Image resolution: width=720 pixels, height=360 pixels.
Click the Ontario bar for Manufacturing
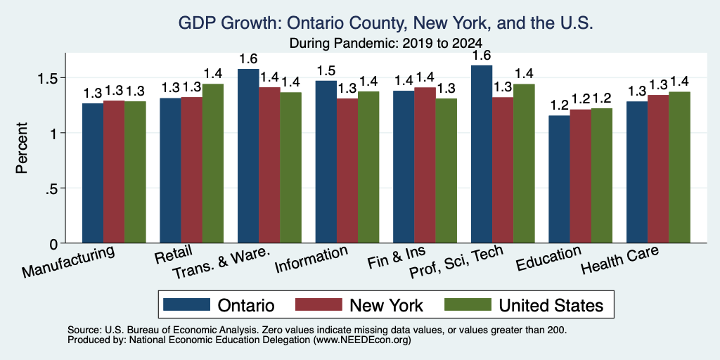coord(93,173)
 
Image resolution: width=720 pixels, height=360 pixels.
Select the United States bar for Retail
coord(212,163)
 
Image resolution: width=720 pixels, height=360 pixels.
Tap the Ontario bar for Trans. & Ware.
coord(248,155)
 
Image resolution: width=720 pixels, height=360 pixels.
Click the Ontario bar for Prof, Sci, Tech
coord(482,154)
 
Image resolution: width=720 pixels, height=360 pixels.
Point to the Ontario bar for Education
coord(559,179)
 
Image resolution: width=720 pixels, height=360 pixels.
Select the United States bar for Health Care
coord(680,167)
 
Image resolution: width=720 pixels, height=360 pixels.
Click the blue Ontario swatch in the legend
coord(186,304)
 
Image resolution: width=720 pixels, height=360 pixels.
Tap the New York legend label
coord(386,305)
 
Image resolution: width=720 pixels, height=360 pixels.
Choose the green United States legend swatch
coord(468,304)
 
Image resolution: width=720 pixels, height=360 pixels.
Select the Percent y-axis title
coord(22,148)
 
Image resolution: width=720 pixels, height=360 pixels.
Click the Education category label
coord(548,258)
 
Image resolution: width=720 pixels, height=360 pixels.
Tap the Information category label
coord(311,259)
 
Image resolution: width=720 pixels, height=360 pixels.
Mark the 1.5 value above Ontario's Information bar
coord(326,71)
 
